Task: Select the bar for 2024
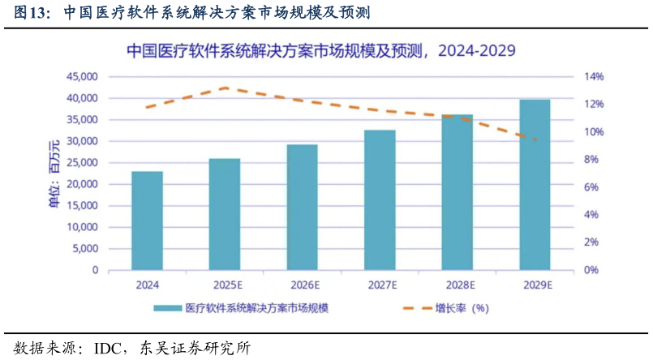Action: tap(147, 221)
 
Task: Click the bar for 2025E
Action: tap(225, 214)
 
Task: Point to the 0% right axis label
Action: tap(592, 270)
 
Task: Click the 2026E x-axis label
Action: tap(303, 285)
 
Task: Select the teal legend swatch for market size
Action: tap(167, 308)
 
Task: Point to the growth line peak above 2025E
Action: tap(225, 88)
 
